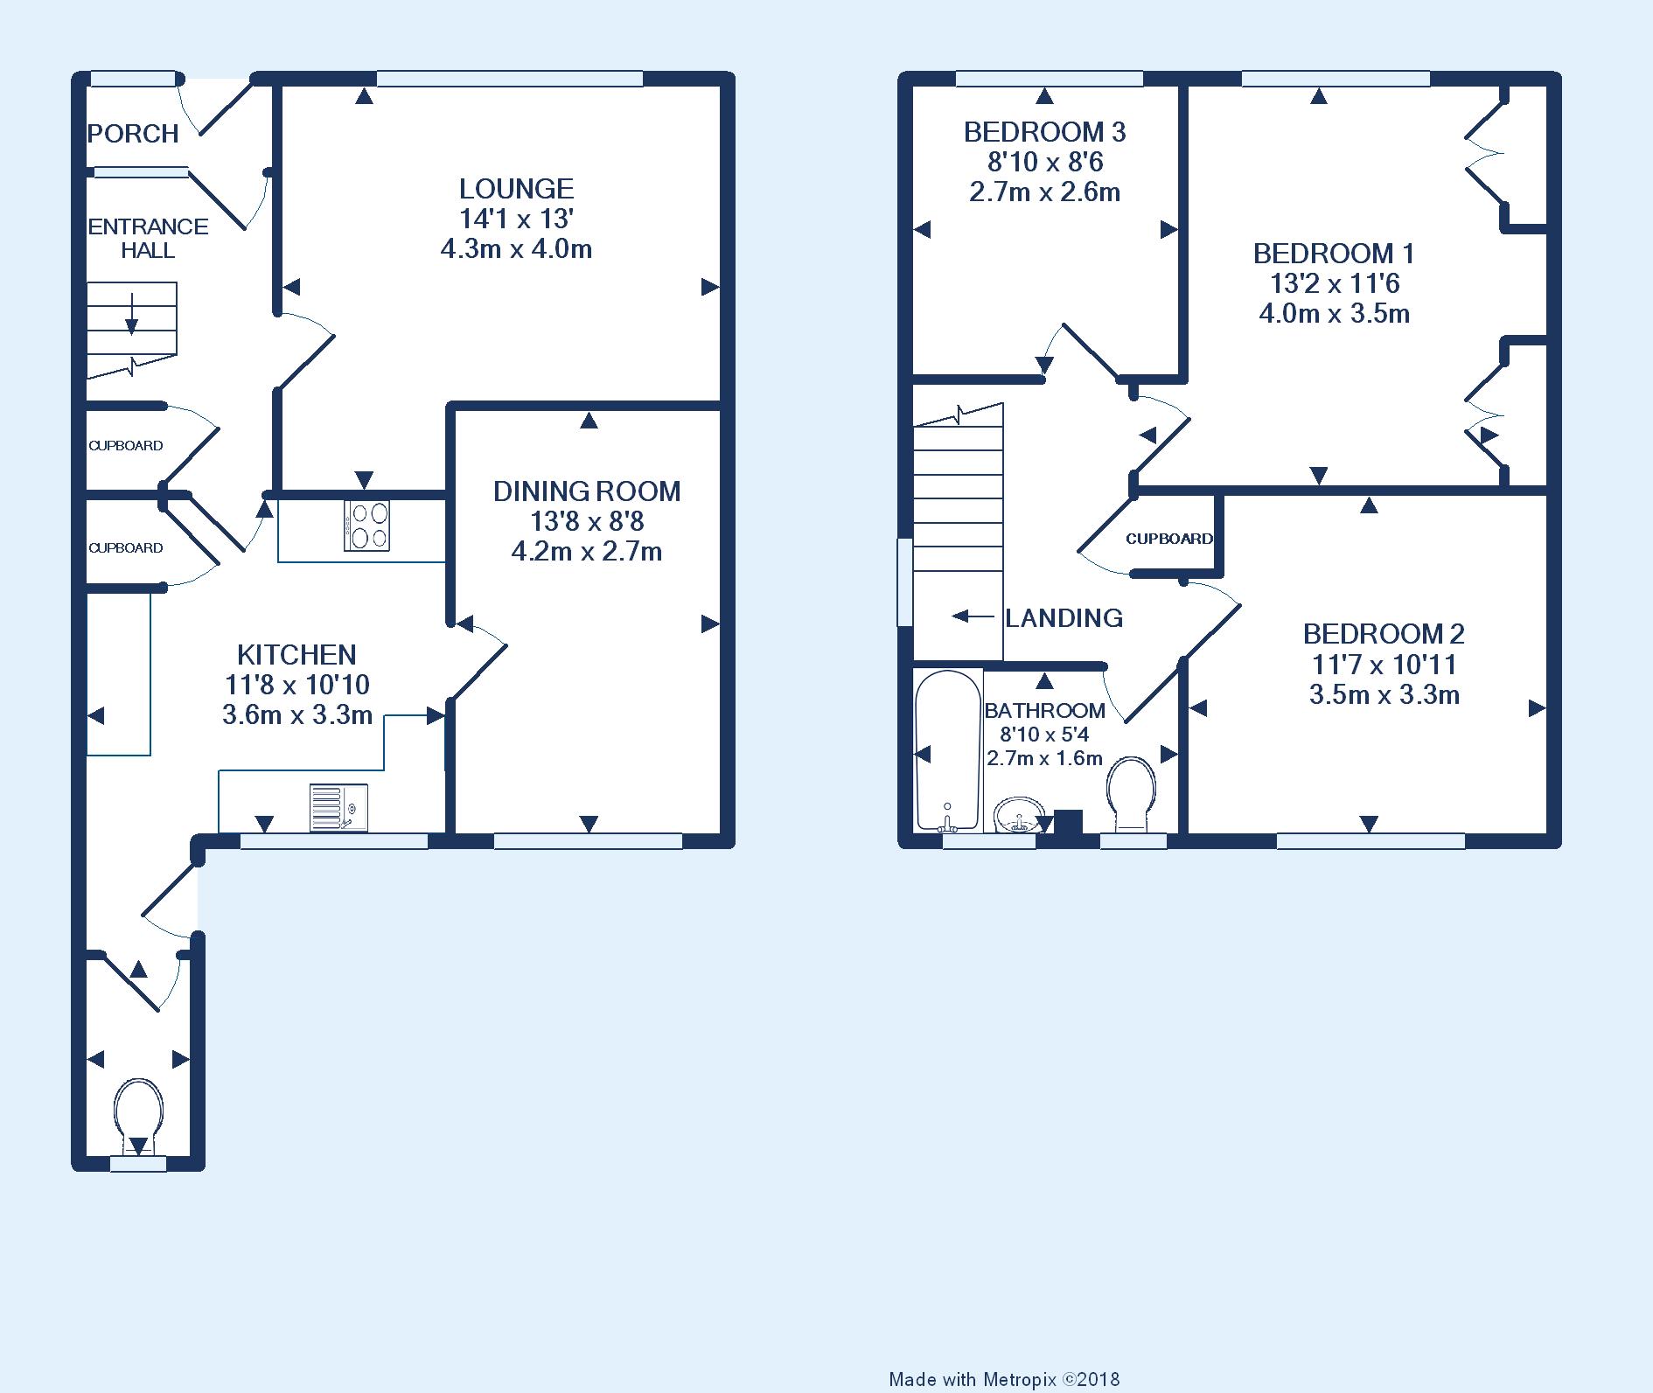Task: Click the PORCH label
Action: (133, 134)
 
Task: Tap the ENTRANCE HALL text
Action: (149, 238)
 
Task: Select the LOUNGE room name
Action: (517, 188)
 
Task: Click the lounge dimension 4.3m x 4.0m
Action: (516, 249)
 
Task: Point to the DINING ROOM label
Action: (587, 491)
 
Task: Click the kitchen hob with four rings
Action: (367, 525)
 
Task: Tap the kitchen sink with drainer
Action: (338, 807)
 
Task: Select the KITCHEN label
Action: (296, 654)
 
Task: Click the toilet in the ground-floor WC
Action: (139, 1118)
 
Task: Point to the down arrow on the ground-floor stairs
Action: (131, 315)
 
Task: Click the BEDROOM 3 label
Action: (1044, 132)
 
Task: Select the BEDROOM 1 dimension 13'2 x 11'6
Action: (1335, 283)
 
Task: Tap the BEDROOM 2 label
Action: (1384, 634)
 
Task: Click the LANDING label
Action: (1064, 618)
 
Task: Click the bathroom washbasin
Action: (1019, 814)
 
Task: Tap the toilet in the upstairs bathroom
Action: (1132, 793)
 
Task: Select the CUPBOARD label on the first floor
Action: (1169, 539)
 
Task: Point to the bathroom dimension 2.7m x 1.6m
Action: (1044, 758)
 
